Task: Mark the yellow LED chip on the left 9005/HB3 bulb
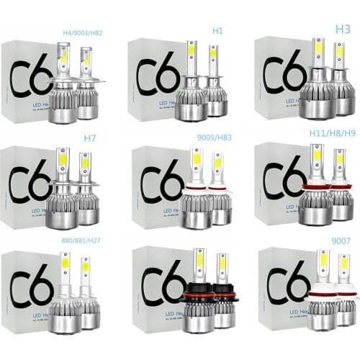(196, 159)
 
